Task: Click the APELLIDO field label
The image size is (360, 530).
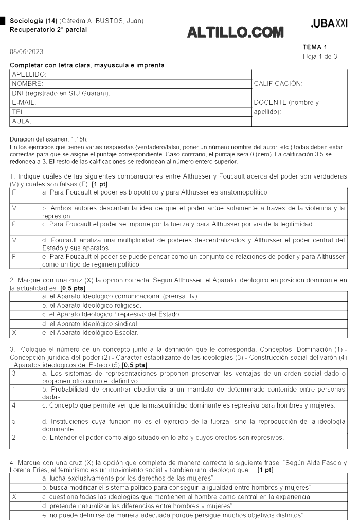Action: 27,74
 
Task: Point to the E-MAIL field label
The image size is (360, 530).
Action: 24,103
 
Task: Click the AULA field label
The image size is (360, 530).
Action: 22,121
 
